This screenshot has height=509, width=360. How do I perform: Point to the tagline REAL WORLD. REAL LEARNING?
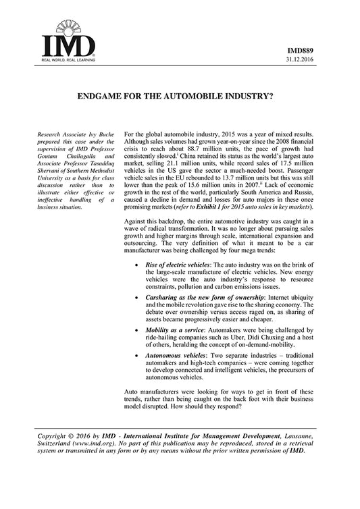[63, 61]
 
